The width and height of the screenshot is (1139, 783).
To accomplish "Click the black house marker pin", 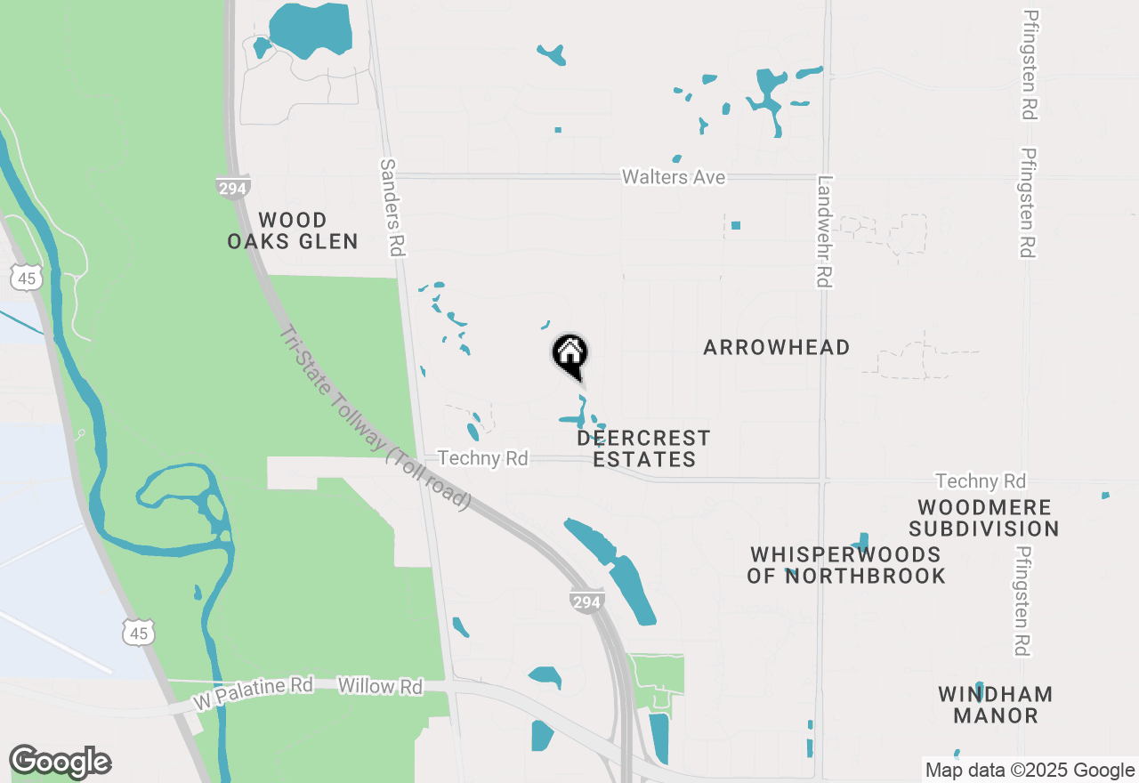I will pyautogui.click(x=570, y=355).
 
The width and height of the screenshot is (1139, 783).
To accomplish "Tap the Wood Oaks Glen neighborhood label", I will pyautogui.click(x=293, y=230).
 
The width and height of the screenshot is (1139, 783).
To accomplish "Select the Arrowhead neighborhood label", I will pyautogui.click(x=776, y=347).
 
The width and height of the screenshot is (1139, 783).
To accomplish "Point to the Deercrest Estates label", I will pyautogui.click(x=643, y=448).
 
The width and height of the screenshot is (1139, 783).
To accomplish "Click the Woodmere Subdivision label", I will pyautogui.click(x=984, y=518).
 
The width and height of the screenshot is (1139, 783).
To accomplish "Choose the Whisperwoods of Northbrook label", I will pyautogui.click(x=845, y=565).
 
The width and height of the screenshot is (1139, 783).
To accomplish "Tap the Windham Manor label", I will pyautogui.click(x=996, y=704).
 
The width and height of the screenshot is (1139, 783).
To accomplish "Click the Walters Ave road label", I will pyautogui.click(x=673, y=177).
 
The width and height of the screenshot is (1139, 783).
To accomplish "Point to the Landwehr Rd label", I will pyautogui.click(x=823, y=230).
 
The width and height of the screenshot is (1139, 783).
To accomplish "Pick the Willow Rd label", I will pyautogui.click(x=380, y=686).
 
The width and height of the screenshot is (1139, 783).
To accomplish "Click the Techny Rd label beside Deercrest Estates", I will pyautogui.click(x=483, y=458).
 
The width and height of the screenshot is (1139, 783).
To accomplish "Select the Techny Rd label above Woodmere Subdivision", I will pyautogui.click(x=981, y=481).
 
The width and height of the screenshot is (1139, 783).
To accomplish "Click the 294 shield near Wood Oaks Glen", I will pyautogui.click(x=232, y=187).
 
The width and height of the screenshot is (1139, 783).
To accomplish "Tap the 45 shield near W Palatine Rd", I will pyautogui.click(x=139, y=632).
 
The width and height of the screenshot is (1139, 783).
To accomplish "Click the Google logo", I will pyautogui.click(x=60, y=762).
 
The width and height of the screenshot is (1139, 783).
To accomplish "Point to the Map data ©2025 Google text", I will pyautogui.click(x=1029, y=771).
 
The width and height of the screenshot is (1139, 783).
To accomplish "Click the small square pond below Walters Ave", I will pyautogui.click(x=736, y=225).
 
